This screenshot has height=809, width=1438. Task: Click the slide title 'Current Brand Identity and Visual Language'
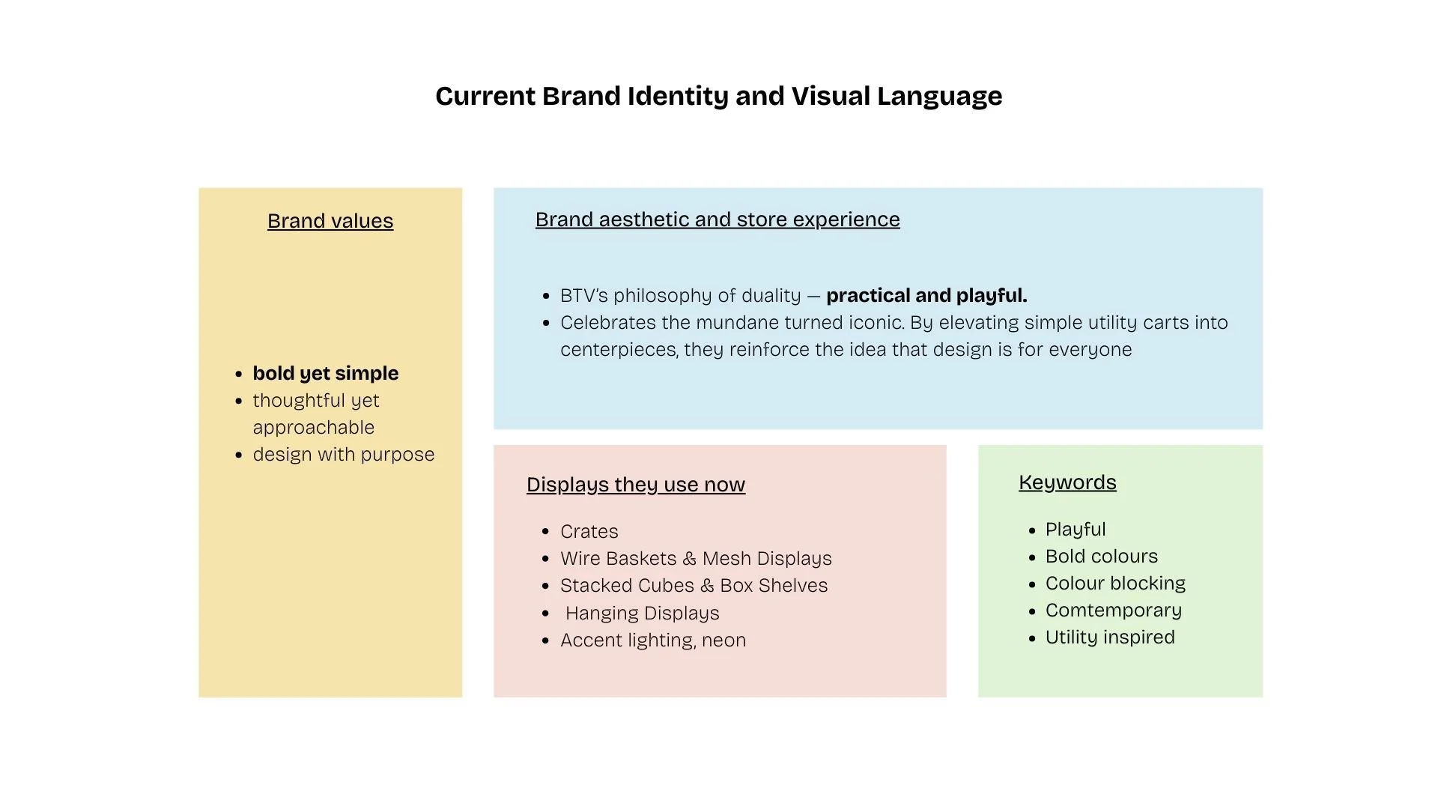click(718, 96)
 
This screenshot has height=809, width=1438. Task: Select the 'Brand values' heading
click(330, 221)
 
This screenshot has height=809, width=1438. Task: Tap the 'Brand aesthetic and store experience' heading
click(718, 219)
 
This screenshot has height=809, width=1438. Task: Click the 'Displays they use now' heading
click(636, 485)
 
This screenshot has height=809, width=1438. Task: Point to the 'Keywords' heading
click(1067, 482)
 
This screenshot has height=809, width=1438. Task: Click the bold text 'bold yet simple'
click(325, 373)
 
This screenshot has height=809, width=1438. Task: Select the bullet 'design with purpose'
click(343, 455)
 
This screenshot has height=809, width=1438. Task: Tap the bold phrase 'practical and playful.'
click(926, 296)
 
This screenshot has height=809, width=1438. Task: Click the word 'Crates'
click(589, 532)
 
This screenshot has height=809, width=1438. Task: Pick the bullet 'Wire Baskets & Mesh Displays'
click(696, 559)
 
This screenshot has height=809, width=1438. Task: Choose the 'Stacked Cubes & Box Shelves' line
click(694, 586)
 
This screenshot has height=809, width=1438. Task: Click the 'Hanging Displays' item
click(642, 613)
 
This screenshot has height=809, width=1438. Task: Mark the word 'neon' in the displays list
click(723, 640)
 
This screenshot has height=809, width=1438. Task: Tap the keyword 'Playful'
click(1076, 530)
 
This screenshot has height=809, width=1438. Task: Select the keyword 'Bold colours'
click(1102, 557)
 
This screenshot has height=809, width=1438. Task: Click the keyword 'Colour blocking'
click(1115, 584)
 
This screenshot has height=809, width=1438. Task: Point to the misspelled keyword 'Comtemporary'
click(1114, 610)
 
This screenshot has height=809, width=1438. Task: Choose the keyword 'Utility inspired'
click(1110, 637)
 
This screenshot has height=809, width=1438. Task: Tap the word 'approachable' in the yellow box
click(313, 428)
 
